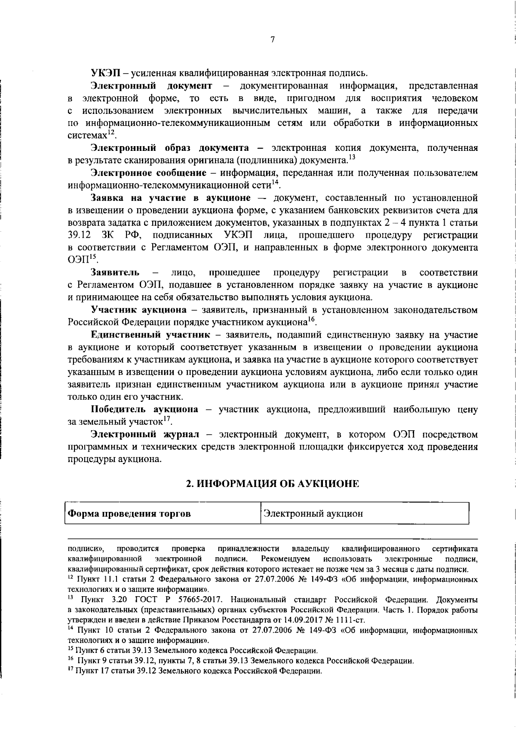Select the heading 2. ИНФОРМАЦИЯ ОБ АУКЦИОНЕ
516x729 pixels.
(x=272, y=484)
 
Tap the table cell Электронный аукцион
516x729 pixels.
(x=313, y=514)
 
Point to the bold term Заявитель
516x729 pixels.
(x=115, y=273)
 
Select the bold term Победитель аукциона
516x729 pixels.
(x=144, y=409)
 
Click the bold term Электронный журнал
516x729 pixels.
(x=145, y=434)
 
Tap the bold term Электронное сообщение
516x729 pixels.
(x=148, y=173)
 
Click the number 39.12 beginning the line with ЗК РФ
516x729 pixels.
(x=79, y=235)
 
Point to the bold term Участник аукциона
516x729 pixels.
(x=138, y=310)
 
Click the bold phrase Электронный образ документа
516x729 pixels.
(x=169, y=148)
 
